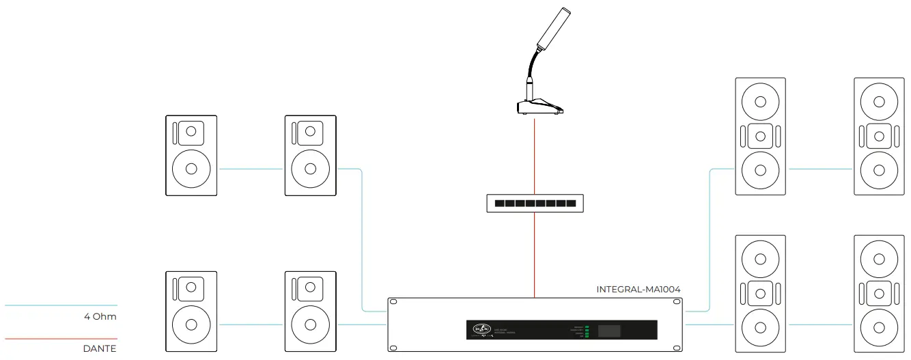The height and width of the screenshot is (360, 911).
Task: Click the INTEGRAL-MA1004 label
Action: [638, 290]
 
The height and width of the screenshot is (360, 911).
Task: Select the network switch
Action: [535, 204]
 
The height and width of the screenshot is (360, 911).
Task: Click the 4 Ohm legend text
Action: [100, 316]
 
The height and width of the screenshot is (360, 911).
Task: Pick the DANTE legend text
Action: [100, 348]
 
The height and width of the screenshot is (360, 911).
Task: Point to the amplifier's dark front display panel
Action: [561, 329]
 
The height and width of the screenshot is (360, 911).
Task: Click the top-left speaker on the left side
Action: [191, 155]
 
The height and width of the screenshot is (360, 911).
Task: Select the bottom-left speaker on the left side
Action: [191, 311]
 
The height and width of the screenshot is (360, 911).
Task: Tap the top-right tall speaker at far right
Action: [880, 136]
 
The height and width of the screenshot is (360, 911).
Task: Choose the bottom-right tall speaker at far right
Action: [880, 294]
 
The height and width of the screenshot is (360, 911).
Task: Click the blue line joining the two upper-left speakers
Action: [251, 169]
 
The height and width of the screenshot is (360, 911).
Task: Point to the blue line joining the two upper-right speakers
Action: [820, 169]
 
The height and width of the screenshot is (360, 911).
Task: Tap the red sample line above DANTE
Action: [61, 339]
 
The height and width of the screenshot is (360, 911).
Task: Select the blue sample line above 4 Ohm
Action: [61, 305]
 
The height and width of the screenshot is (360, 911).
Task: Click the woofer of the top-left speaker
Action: [191, 169]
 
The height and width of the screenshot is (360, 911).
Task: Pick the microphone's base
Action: [539, 107]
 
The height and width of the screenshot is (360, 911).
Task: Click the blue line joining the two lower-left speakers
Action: [251, 324]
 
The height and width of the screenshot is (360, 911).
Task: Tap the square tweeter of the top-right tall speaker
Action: [880, 135]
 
